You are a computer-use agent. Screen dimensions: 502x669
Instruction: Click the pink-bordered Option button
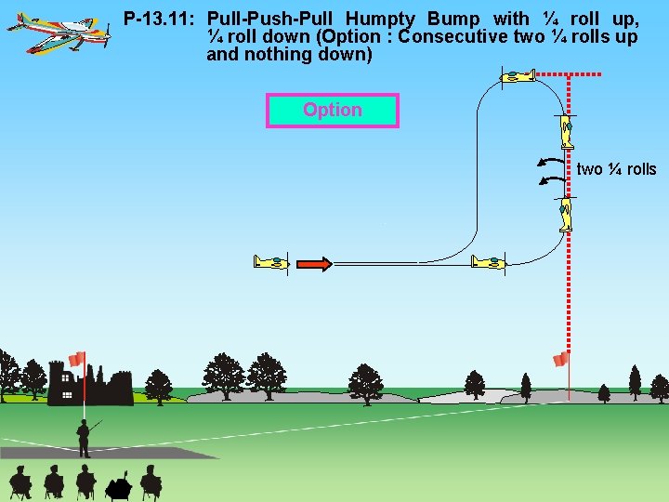332,111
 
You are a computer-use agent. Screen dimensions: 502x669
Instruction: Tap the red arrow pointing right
315,264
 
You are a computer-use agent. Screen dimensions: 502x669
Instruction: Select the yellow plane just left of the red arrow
271,262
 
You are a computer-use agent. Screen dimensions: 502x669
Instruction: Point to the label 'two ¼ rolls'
616,169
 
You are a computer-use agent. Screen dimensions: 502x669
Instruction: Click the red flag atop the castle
77,359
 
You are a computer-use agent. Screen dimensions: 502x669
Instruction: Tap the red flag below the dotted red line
560,359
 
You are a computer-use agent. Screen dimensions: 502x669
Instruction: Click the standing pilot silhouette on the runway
85,438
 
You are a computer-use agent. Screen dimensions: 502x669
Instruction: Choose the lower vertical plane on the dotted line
566,214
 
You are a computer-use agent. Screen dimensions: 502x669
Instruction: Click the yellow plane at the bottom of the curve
488,262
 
